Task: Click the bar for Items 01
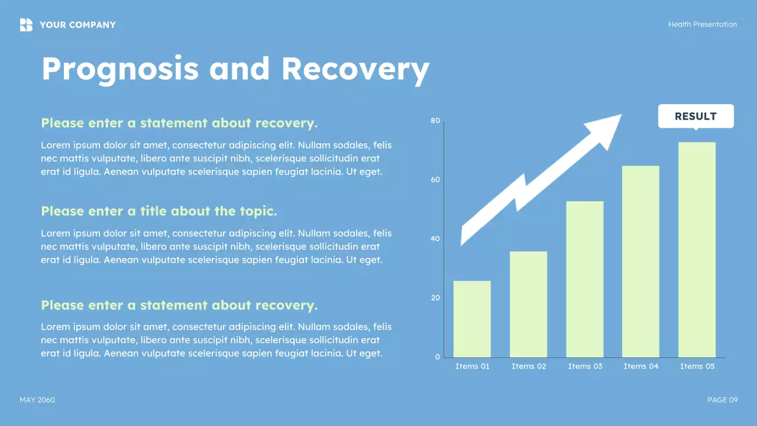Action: tap(472, 319)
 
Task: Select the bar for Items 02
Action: tap(528, 304)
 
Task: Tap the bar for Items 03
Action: tap(585, 279)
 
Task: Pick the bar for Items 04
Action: tap(640, 262)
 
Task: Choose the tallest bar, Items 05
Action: tap(697, 250)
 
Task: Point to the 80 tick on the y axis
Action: tap(435, 121)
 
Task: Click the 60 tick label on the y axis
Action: tap(435, 179)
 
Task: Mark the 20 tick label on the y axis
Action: tap(435, 298)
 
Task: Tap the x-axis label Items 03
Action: tap(585, 366)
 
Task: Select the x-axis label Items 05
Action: tap(697, 366)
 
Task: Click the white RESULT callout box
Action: tap(696, 117)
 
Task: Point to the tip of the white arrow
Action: tap(622, 115)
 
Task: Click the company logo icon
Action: tap(26, 25)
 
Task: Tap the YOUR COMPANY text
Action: tap(77, 25)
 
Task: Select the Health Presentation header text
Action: tap(702, 24)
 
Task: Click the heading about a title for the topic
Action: tap(159, 211)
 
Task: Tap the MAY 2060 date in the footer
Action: tap(37, 400)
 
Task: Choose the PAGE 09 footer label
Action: tap(723, 400)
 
